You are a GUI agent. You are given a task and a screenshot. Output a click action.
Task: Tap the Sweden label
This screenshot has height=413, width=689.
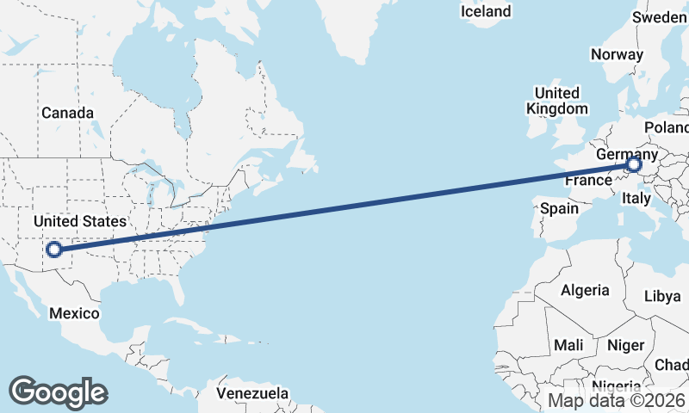coord(660,17)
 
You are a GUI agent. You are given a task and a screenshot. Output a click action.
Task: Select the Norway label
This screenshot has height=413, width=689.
coord(617,54)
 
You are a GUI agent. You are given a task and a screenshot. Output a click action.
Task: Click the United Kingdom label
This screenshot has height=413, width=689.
coord(557,101)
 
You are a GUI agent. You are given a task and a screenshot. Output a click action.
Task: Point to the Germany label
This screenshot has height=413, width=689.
coord(625,152)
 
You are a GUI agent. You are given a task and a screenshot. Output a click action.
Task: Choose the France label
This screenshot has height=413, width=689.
coord(588,182)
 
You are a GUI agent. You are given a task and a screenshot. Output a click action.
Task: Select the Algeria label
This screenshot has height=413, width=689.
coord(585,291)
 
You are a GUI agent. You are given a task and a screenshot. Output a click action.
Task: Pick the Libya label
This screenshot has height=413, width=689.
coord(662,296)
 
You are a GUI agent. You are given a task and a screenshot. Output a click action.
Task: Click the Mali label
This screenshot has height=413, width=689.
coord(568,345)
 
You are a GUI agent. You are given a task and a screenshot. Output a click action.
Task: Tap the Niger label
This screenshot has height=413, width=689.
coord(625,345)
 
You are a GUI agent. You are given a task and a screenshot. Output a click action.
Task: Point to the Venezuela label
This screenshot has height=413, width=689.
coord(252,393)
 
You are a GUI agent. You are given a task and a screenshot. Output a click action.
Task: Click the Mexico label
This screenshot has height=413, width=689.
coord(74,313)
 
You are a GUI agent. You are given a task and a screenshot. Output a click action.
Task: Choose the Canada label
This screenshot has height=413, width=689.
coord(67,113)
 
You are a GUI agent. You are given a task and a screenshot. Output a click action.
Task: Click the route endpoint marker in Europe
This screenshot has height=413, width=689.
coord(635,164)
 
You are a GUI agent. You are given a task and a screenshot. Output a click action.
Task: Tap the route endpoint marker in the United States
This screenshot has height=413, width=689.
coord(54,250)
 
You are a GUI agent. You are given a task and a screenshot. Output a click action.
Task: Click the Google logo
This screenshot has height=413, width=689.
coord(58,392)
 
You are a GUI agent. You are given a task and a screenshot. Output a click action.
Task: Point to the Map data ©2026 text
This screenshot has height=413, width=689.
coord(617,400)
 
